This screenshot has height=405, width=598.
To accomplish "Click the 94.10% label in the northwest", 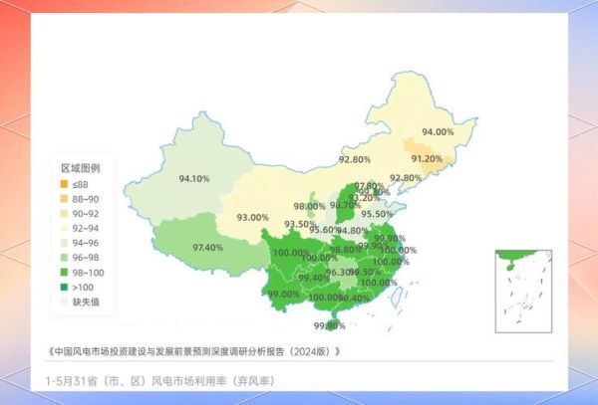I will click(193, 179).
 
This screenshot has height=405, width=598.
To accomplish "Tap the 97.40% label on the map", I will click(207, 247).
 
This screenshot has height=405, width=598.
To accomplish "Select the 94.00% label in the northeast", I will click(437, 131).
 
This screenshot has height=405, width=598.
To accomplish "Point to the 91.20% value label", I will click(426, 159).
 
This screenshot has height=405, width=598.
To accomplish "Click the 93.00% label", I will click(252, 217).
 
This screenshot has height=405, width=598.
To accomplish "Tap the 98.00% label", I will click(308, 206).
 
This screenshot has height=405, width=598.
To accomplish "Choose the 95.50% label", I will click(376, 214).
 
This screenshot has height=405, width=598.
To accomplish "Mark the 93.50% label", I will click(300, 225).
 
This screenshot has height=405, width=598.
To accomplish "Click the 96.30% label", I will click(342, 272).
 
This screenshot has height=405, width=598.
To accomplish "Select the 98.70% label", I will click(345, 205).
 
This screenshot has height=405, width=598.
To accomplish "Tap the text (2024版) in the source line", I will click(317, 351).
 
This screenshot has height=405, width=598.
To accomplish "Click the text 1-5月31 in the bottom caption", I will click(72, 381).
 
